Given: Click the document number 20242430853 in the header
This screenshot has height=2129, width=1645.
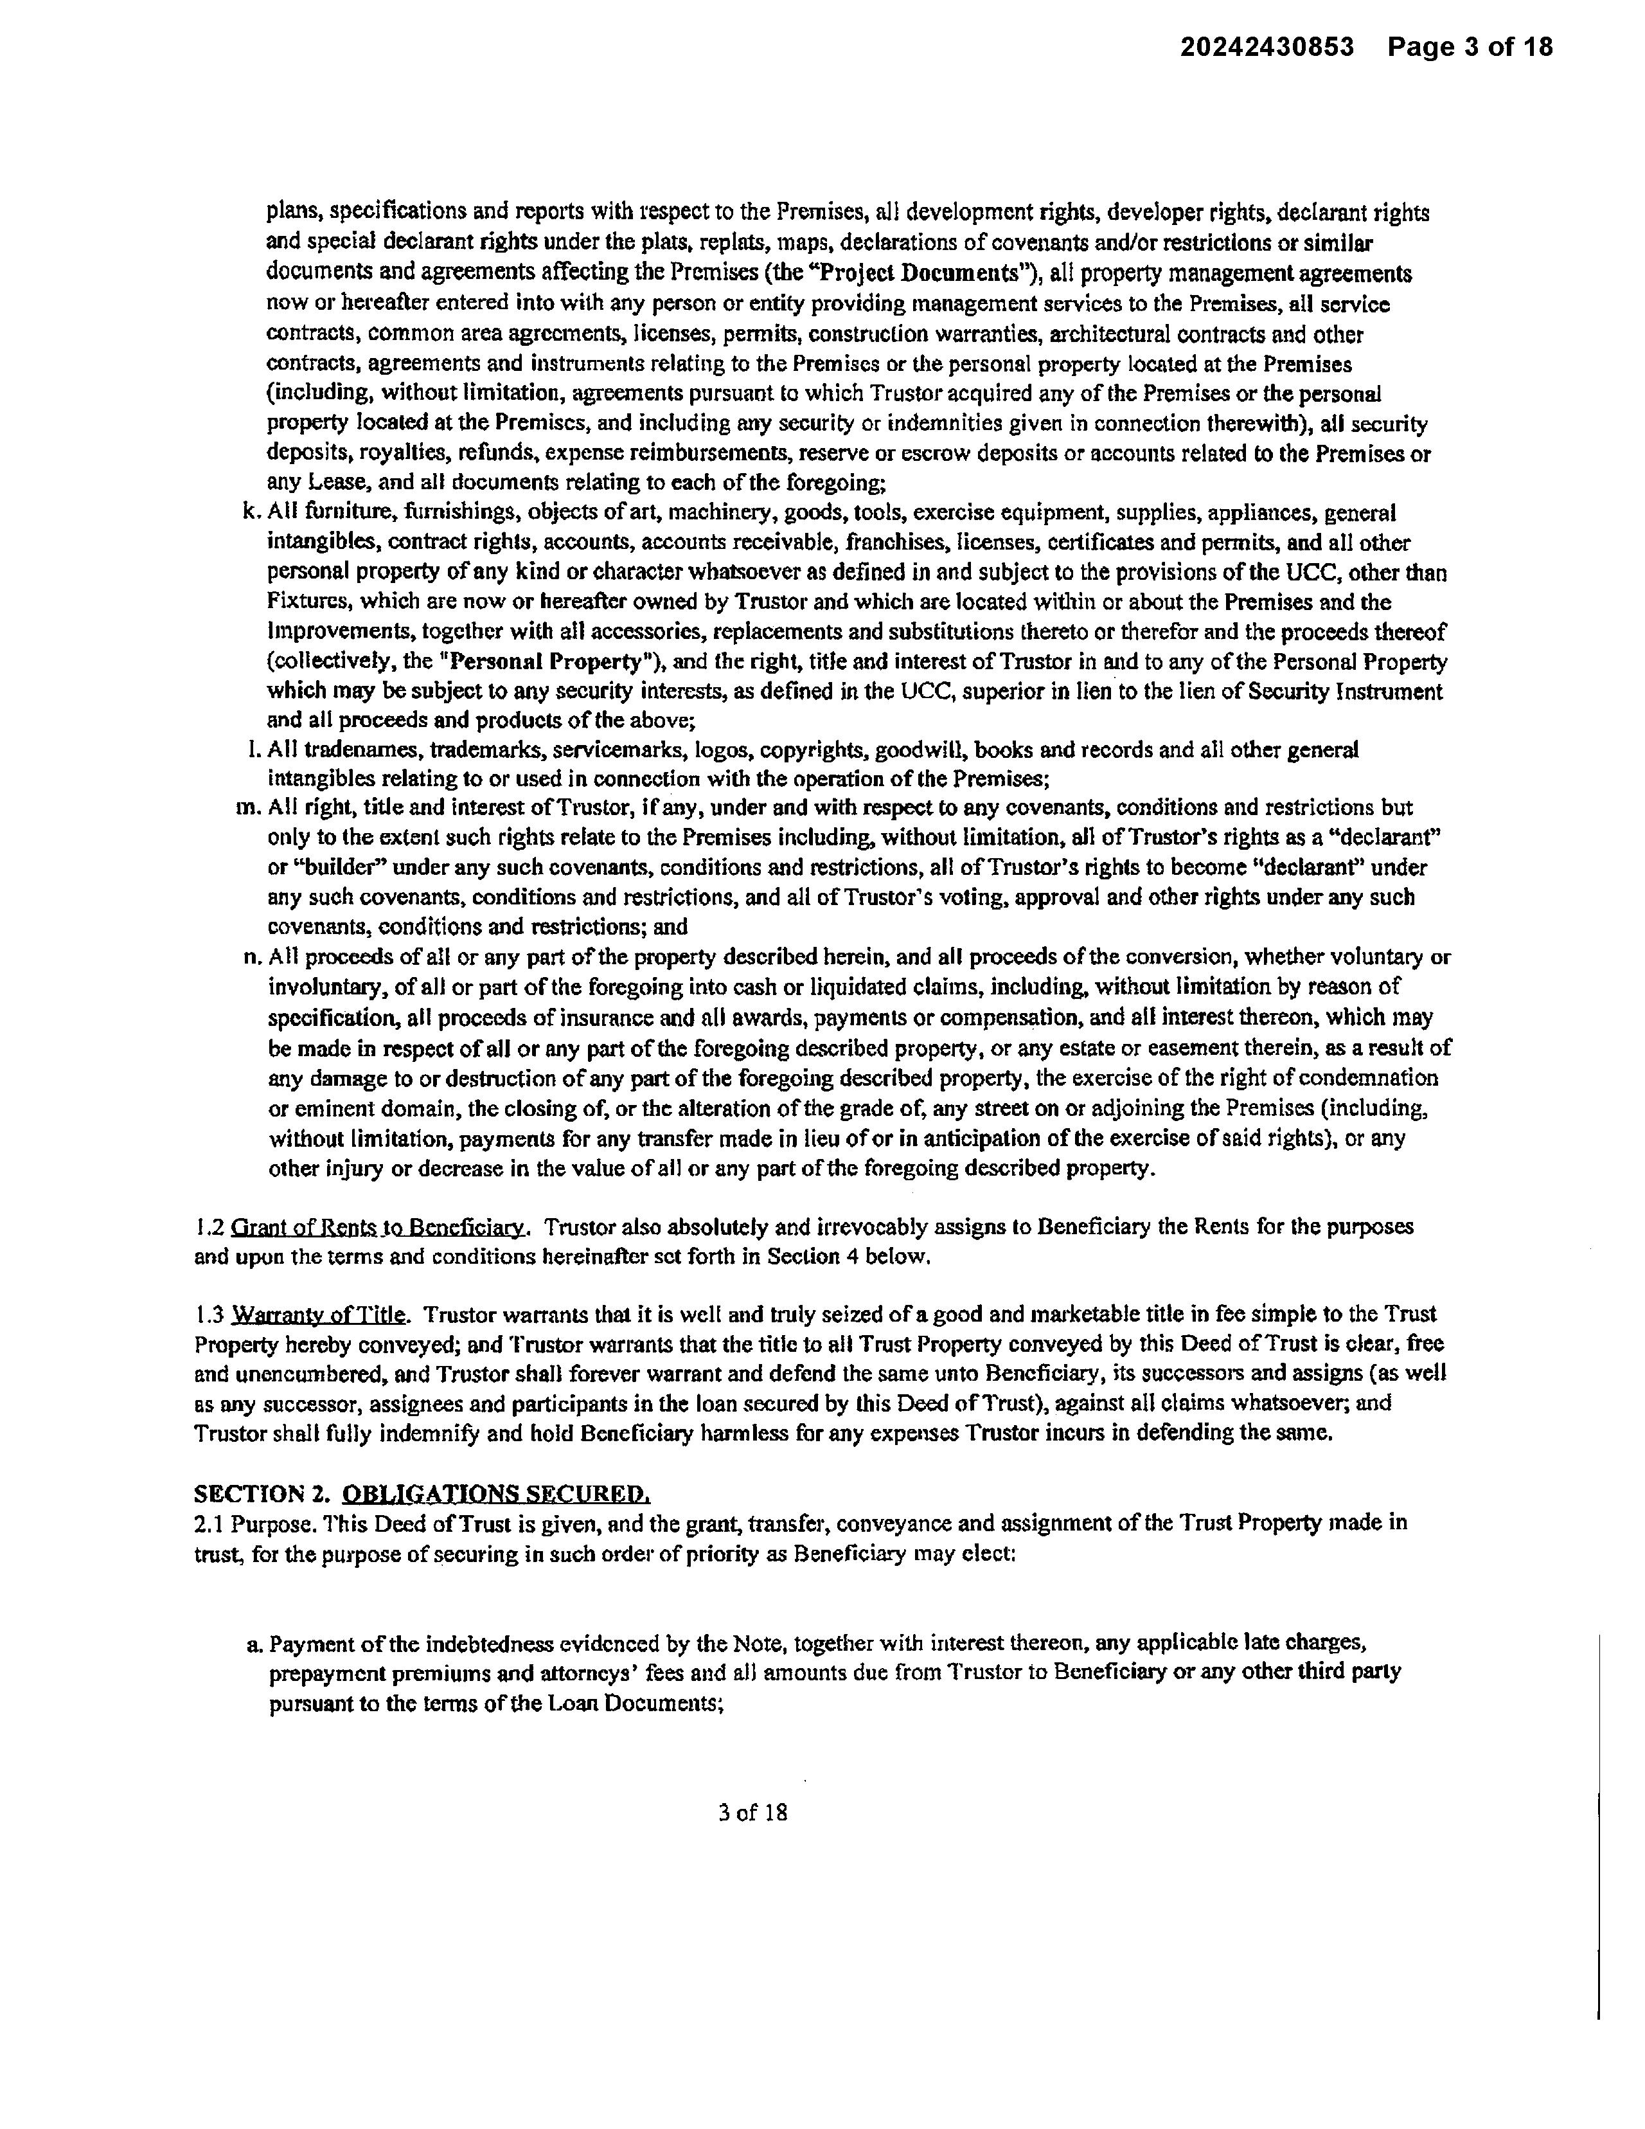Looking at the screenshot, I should click(1267, 47).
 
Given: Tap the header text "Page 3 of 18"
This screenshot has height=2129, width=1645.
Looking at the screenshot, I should click(1470, 47).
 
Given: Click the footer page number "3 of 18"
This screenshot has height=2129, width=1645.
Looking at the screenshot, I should click(752, 1812).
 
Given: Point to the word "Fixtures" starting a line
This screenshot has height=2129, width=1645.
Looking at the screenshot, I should click(307, 602).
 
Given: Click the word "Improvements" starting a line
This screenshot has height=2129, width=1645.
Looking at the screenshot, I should click(332, 632).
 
